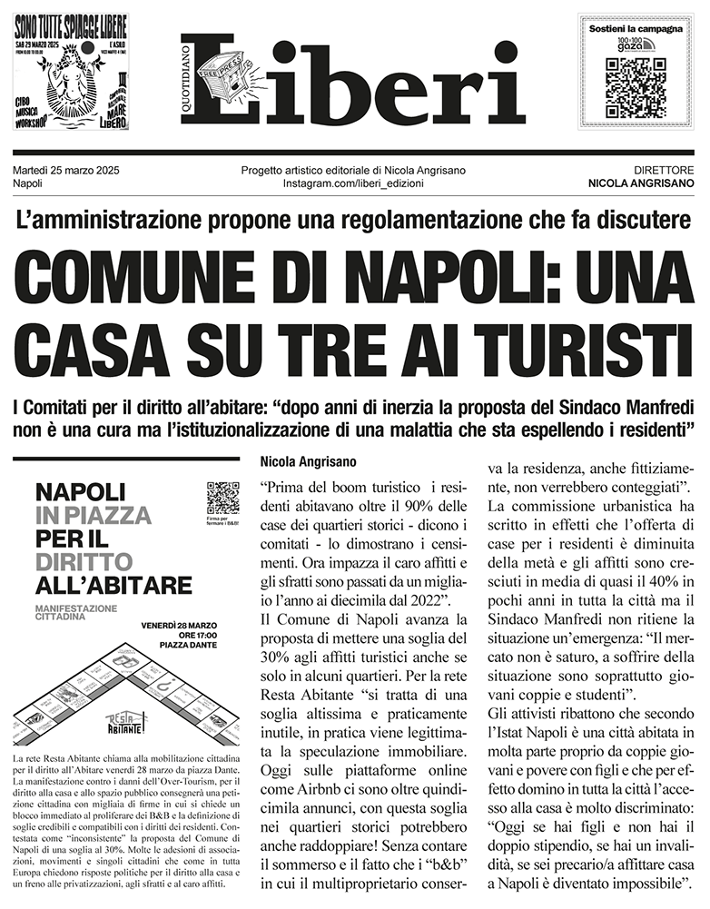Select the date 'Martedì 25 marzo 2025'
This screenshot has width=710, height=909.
(x=67, y=171)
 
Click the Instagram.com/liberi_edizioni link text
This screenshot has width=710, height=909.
(x=353, y=184)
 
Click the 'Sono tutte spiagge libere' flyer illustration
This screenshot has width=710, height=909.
(x=71, y=72)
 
